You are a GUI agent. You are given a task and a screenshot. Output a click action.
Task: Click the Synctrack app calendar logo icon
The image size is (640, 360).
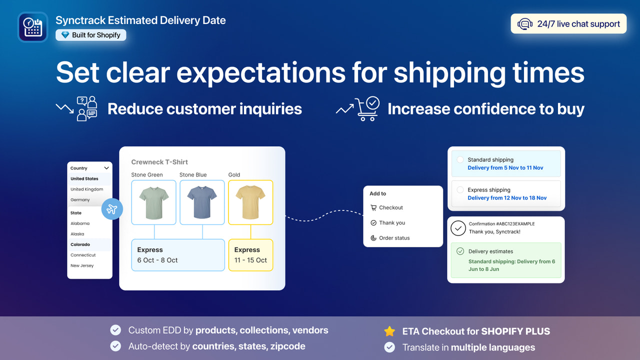click(32, 26)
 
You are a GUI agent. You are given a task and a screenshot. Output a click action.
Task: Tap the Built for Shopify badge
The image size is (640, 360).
click(91, 35)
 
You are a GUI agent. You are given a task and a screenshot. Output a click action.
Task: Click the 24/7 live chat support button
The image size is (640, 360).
click(568, 23)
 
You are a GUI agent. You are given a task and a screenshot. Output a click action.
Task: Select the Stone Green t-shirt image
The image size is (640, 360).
click(154, 202)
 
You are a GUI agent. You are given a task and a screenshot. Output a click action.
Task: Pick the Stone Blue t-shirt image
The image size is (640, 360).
click(202, 202)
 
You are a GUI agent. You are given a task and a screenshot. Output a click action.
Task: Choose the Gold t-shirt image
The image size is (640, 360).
click(250, 202)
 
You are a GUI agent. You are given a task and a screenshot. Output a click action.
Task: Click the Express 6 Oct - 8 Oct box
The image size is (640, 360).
click(177, 255)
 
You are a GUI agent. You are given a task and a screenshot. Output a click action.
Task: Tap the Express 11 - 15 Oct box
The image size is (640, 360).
click(250, 255)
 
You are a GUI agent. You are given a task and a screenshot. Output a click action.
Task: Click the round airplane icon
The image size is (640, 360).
click(112, 209)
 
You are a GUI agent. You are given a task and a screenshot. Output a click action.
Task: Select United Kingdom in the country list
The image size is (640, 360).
click(86, 189)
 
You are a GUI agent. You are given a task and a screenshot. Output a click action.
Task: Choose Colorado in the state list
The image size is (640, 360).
click(80, 244)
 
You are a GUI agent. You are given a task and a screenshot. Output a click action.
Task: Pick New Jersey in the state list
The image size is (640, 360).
click(82, 265)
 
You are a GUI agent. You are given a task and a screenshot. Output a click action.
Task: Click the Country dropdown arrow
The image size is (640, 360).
click(106, 168)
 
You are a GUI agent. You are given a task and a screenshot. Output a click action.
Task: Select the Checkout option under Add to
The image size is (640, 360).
click(390, 207)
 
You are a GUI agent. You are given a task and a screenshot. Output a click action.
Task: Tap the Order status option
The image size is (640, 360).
click(394, 238)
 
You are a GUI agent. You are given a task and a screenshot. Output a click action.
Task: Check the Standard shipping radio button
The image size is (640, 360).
click(460, 160)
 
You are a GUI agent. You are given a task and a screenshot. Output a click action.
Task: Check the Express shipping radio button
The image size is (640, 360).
click(460, 190)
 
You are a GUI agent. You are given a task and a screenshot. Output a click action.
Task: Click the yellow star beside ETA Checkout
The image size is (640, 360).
click(389, 331)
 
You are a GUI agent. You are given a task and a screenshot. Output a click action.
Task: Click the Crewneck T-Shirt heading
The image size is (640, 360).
click(159, 162)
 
